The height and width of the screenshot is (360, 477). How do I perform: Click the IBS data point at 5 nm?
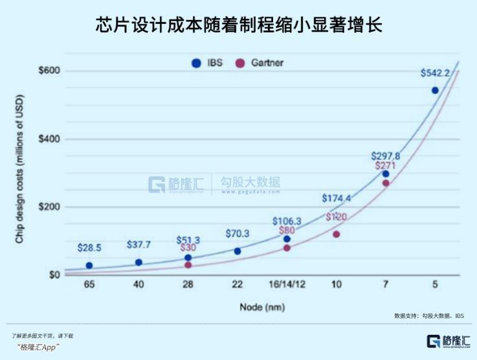pos(435,91)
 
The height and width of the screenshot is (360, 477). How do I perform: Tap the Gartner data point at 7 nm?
pos(386,183)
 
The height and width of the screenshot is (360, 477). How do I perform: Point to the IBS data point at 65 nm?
pos(89,265)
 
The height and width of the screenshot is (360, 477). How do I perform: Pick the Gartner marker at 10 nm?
pos(337,234)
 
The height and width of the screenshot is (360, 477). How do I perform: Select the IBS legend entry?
pos(206,63)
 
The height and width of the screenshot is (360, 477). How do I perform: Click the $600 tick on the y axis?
pos(49,71)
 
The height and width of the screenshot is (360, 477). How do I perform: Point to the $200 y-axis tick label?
pos(49,207)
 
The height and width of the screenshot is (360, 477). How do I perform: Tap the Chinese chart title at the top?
pos(238,25)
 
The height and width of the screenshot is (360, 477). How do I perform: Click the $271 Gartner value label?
pos(386,167)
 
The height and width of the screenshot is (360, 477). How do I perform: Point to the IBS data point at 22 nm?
pos(238,251)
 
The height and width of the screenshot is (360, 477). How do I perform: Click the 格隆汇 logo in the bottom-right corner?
pos(447,342)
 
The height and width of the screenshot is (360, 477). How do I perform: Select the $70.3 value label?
pos(238,234)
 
